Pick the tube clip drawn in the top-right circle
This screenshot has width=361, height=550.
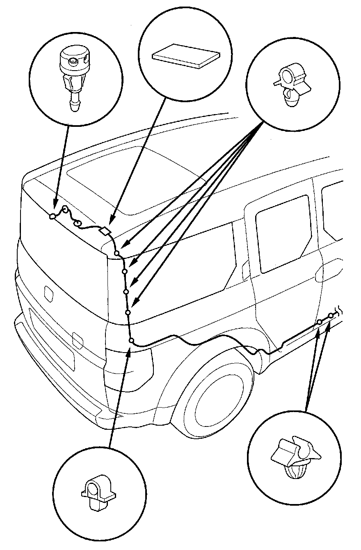(x=290, y=84)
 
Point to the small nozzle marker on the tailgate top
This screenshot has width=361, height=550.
(x=53, y=216)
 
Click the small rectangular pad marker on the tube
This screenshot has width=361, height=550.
(x=105, y=232)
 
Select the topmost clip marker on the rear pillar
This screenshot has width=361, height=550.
(x=117, y=254)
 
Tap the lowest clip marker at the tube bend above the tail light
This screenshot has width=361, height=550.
(x=131, y=340)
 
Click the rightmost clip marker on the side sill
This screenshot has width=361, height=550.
(x=331, y=315)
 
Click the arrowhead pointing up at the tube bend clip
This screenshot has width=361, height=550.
(x=129, y=348)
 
